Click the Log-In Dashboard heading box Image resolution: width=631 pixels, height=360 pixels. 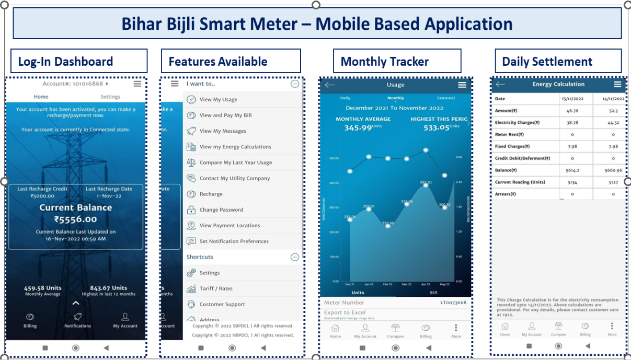click(x=78, y=61)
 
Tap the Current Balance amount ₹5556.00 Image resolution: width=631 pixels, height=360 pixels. click(x=76, y=219)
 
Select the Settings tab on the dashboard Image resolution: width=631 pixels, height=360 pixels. click(x=110, y=97)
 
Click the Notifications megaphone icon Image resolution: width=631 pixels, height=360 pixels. click(x=77, y=317)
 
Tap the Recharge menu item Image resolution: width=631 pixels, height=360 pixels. click(x=211, y=194)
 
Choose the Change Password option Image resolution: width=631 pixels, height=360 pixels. click(x=221, y=210)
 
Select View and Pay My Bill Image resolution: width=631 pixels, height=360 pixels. click(x=225, y=115)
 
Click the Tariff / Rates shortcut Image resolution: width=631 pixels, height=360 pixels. click(x=216, y=288)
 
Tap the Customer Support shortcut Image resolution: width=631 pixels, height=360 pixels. click(x=222, y=304)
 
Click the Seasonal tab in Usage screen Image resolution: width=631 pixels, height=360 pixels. click(x=446, y=98)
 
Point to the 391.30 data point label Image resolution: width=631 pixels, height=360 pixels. click(x=426, y=182)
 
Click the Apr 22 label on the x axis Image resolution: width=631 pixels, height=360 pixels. click(x=426, y=284)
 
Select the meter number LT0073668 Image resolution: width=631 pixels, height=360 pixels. click(x=453, y=303)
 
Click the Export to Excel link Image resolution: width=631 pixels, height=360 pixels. click(x=345, y=312)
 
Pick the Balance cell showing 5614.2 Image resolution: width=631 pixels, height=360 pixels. click(x=572, y=170)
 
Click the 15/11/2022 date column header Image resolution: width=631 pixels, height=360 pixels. click(x=572, y=98)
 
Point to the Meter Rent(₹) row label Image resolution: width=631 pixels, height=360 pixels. click(x=509, y=134)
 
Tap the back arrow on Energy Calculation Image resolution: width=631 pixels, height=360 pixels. click(x=500, y=84)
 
